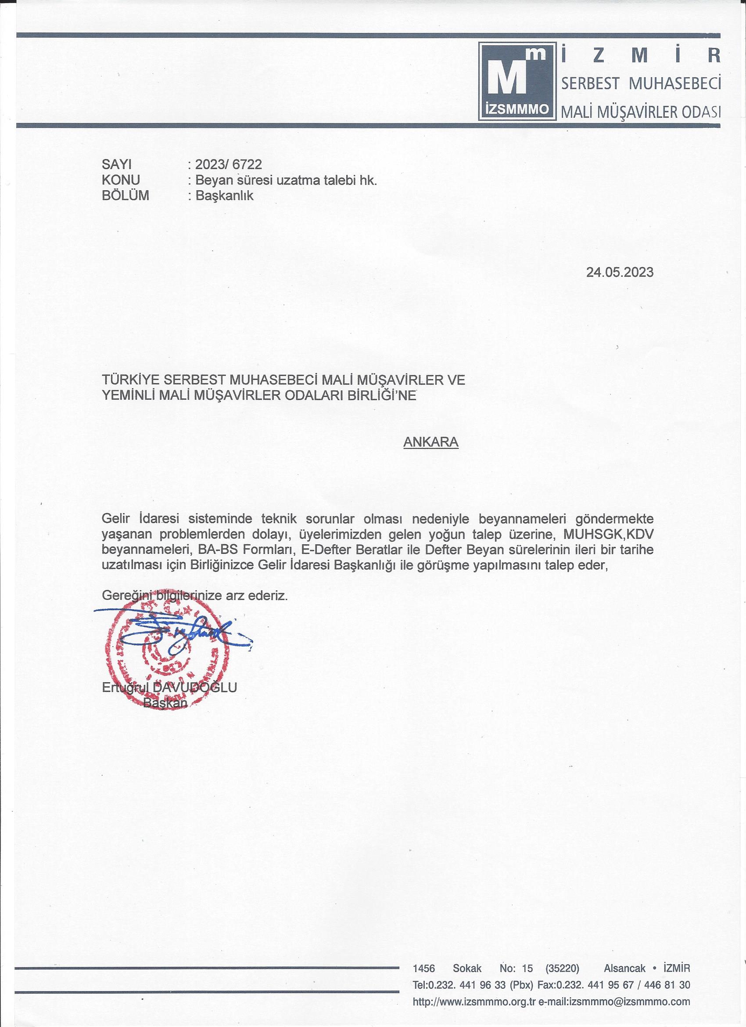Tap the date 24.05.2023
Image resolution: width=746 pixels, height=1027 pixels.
tap(620, 272)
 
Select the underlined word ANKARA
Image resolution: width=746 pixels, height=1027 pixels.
tap(430, 442)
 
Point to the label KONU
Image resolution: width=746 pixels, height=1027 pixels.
tap(121, 180)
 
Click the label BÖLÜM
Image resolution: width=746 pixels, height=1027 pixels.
tap(126, 195)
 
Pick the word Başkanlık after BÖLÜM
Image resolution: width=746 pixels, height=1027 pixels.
tap(224, 195)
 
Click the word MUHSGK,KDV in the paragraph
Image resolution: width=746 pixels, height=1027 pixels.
tap(608, 534)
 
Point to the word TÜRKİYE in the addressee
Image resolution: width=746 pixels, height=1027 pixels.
tap(129, 380)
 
